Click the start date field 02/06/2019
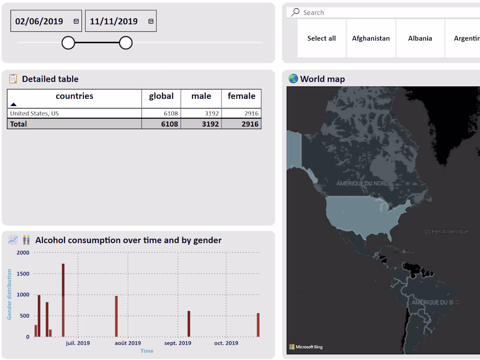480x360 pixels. (x=39, y=21)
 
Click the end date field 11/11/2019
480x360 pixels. (x=114, y=21)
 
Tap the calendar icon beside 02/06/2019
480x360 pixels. (x=76, y=21)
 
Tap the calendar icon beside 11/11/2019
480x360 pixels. (x=151, y=21)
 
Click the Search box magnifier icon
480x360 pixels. (x=295, y=12)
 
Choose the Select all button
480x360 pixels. (x=322, y=38)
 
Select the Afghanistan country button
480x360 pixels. (x=371, y=38)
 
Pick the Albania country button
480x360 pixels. (x=420, y=38)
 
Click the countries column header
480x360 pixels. (x=75, y=96)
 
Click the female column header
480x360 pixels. (x=241, y=96)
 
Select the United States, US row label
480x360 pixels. (x=34, y=113)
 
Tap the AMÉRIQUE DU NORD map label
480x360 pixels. (x=362, y=184)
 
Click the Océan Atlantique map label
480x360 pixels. (x=446, y=232)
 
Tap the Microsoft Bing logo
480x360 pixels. (x=306, y=347)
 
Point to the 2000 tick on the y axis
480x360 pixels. (x=23, y=253)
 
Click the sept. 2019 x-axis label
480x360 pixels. (x=178, y=343)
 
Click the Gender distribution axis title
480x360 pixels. (x=10, y=295)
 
